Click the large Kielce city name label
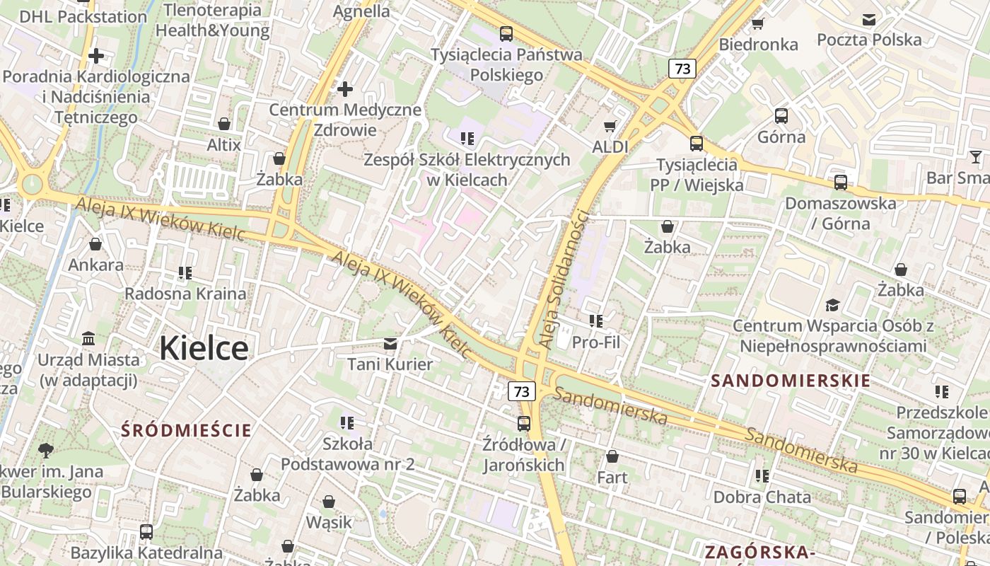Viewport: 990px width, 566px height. (204, 348)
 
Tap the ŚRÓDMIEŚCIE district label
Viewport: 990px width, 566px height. (186, 430)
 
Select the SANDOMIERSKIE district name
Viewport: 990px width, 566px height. (791, 381)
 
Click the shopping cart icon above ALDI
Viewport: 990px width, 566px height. (610, 127)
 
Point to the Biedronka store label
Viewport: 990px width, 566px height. (758, 45)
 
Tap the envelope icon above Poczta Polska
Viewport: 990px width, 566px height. (868, 20)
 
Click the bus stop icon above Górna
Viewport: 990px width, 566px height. (781, 116)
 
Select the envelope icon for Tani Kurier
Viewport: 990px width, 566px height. (390, 344)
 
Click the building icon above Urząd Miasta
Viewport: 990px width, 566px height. (88, 339)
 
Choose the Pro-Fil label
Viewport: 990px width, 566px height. (595, 343)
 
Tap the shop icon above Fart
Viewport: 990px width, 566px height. (612, 456)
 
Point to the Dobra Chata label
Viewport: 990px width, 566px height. (762, 497)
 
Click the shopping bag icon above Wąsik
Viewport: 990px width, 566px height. (328, 502)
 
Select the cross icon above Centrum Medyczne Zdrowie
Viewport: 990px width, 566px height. (344, 89)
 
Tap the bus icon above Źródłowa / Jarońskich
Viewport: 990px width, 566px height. (523, 424)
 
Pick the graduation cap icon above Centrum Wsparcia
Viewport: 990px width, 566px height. (832, 306)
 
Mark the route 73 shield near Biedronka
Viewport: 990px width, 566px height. (682, 69)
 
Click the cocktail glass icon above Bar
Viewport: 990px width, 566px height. (976, 157)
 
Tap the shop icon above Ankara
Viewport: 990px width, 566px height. (95, 245)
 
